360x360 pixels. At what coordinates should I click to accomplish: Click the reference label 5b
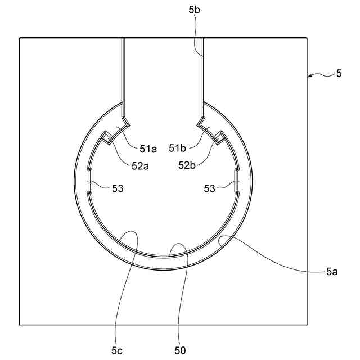point(194,10)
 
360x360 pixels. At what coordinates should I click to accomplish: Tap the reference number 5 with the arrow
point(339,74)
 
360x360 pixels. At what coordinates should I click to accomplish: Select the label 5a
point(332,272)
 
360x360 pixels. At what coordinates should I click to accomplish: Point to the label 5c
point(117,351)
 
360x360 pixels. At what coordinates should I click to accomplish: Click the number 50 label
point(180,351)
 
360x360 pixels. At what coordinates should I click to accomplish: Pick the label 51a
point(148,149)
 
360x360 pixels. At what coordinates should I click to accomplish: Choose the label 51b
point(178,148)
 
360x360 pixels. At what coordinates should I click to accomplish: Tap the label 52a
point(140,166)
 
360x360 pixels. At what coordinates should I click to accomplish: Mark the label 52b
point(187,165)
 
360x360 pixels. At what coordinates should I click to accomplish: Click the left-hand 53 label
point(118,189)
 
